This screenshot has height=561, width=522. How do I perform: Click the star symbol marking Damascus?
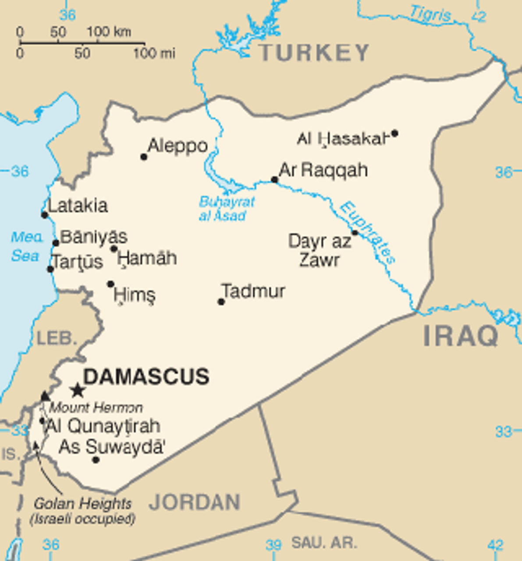tap(78, 390)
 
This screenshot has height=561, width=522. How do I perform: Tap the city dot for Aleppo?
tap(144, 157)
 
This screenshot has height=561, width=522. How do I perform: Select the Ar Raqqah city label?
tap(323, 170)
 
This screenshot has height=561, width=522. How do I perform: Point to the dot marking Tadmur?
tap(221, 302)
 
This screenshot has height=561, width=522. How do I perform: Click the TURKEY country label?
tap(314, 53)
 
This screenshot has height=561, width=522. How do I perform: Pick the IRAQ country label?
tap(461, 336)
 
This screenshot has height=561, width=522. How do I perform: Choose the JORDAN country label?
tap(195, 502)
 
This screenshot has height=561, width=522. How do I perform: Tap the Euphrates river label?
tap(369, 232)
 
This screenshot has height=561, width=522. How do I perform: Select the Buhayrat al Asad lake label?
tap(226, 209)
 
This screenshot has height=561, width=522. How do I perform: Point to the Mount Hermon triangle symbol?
tap(45, 396)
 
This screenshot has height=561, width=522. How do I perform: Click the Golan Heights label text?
tap(82, 504)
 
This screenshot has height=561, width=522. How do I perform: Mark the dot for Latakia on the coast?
tap(45, 215)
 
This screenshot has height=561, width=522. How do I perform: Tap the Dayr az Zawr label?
tap(320, 250)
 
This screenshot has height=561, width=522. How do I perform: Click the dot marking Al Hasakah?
tap(394, 133)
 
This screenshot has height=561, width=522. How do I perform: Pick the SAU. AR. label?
tap(324, 543)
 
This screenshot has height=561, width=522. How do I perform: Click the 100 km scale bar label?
tap(108, 32)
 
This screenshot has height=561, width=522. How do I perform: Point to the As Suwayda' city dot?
tap(96, 459)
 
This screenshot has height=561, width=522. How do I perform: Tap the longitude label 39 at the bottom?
tap(273, 545)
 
